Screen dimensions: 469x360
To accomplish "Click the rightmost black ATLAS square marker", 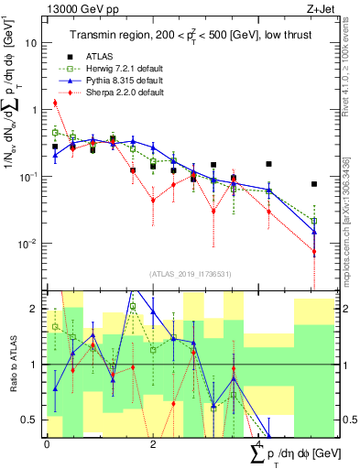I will point(313,183).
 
